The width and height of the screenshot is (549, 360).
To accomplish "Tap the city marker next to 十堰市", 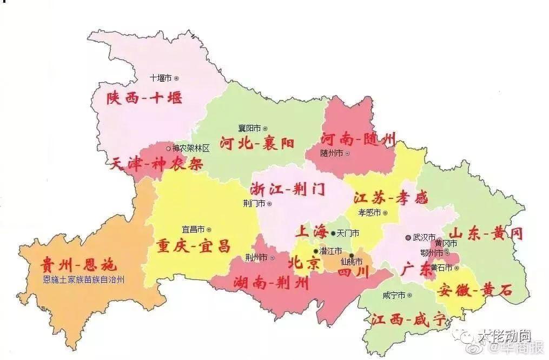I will tap(176, 78).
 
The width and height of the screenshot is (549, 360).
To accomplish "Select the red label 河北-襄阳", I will tap(257, 143).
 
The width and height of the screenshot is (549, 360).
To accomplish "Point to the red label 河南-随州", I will tap(358, 138).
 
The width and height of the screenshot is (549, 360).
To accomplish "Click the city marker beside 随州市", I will tap(347, 154).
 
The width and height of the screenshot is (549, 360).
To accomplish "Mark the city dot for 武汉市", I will tap(408, 237).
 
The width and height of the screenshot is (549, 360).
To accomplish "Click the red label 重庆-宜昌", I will tap(193, 246).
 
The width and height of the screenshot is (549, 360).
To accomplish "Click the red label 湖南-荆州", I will tap(271, 282).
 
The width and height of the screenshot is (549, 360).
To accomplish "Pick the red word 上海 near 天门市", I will tap(311, 232).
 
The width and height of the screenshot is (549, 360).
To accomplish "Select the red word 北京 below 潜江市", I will tap(304, 263).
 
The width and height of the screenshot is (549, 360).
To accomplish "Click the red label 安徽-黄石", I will tap(474, 290).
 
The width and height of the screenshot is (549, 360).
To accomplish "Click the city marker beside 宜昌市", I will tap(209, 229).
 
